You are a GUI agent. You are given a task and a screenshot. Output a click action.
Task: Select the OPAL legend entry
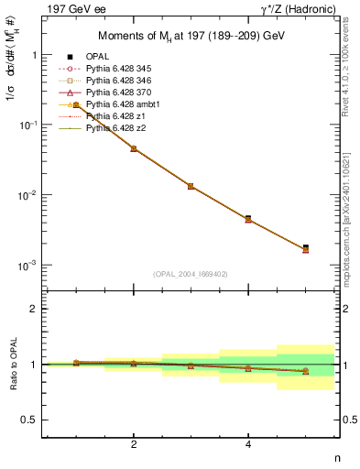100,57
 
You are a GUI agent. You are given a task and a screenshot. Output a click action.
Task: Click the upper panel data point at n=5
306,247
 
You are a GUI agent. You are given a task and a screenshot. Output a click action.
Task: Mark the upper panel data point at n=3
191,186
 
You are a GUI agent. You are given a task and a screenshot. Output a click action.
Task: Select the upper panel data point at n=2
134,148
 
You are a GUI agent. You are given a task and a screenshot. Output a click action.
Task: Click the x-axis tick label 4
248,445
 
